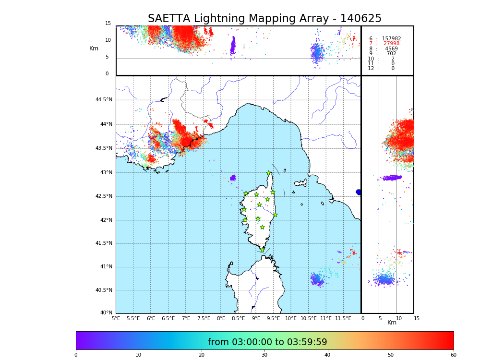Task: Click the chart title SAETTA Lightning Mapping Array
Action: [x=264, y=19]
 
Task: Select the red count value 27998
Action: [x=391, y=44]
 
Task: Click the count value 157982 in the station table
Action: [x=391, y=39]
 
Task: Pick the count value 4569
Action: [x=391, y=49]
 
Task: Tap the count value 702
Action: [x=391, y=54]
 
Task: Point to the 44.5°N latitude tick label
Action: [x=104, y=100]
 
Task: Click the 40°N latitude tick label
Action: [x=106, y=313]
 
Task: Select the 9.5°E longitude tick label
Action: [x=274, y=318]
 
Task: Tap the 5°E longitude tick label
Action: [x=116, y=318]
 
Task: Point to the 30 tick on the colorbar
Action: [x=264, y=355]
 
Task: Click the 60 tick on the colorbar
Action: [x=453, y=355]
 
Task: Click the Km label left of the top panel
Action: [x=94, y=48]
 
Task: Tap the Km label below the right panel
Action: [x=392, y=323]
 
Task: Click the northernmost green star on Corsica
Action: [x=269, y=173]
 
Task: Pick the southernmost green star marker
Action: [x=262, y=250]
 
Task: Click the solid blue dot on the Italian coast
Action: [x=359, y=192]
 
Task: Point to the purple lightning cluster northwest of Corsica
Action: [x=233, y=178]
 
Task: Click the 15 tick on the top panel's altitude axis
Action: [x=108, y=24]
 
